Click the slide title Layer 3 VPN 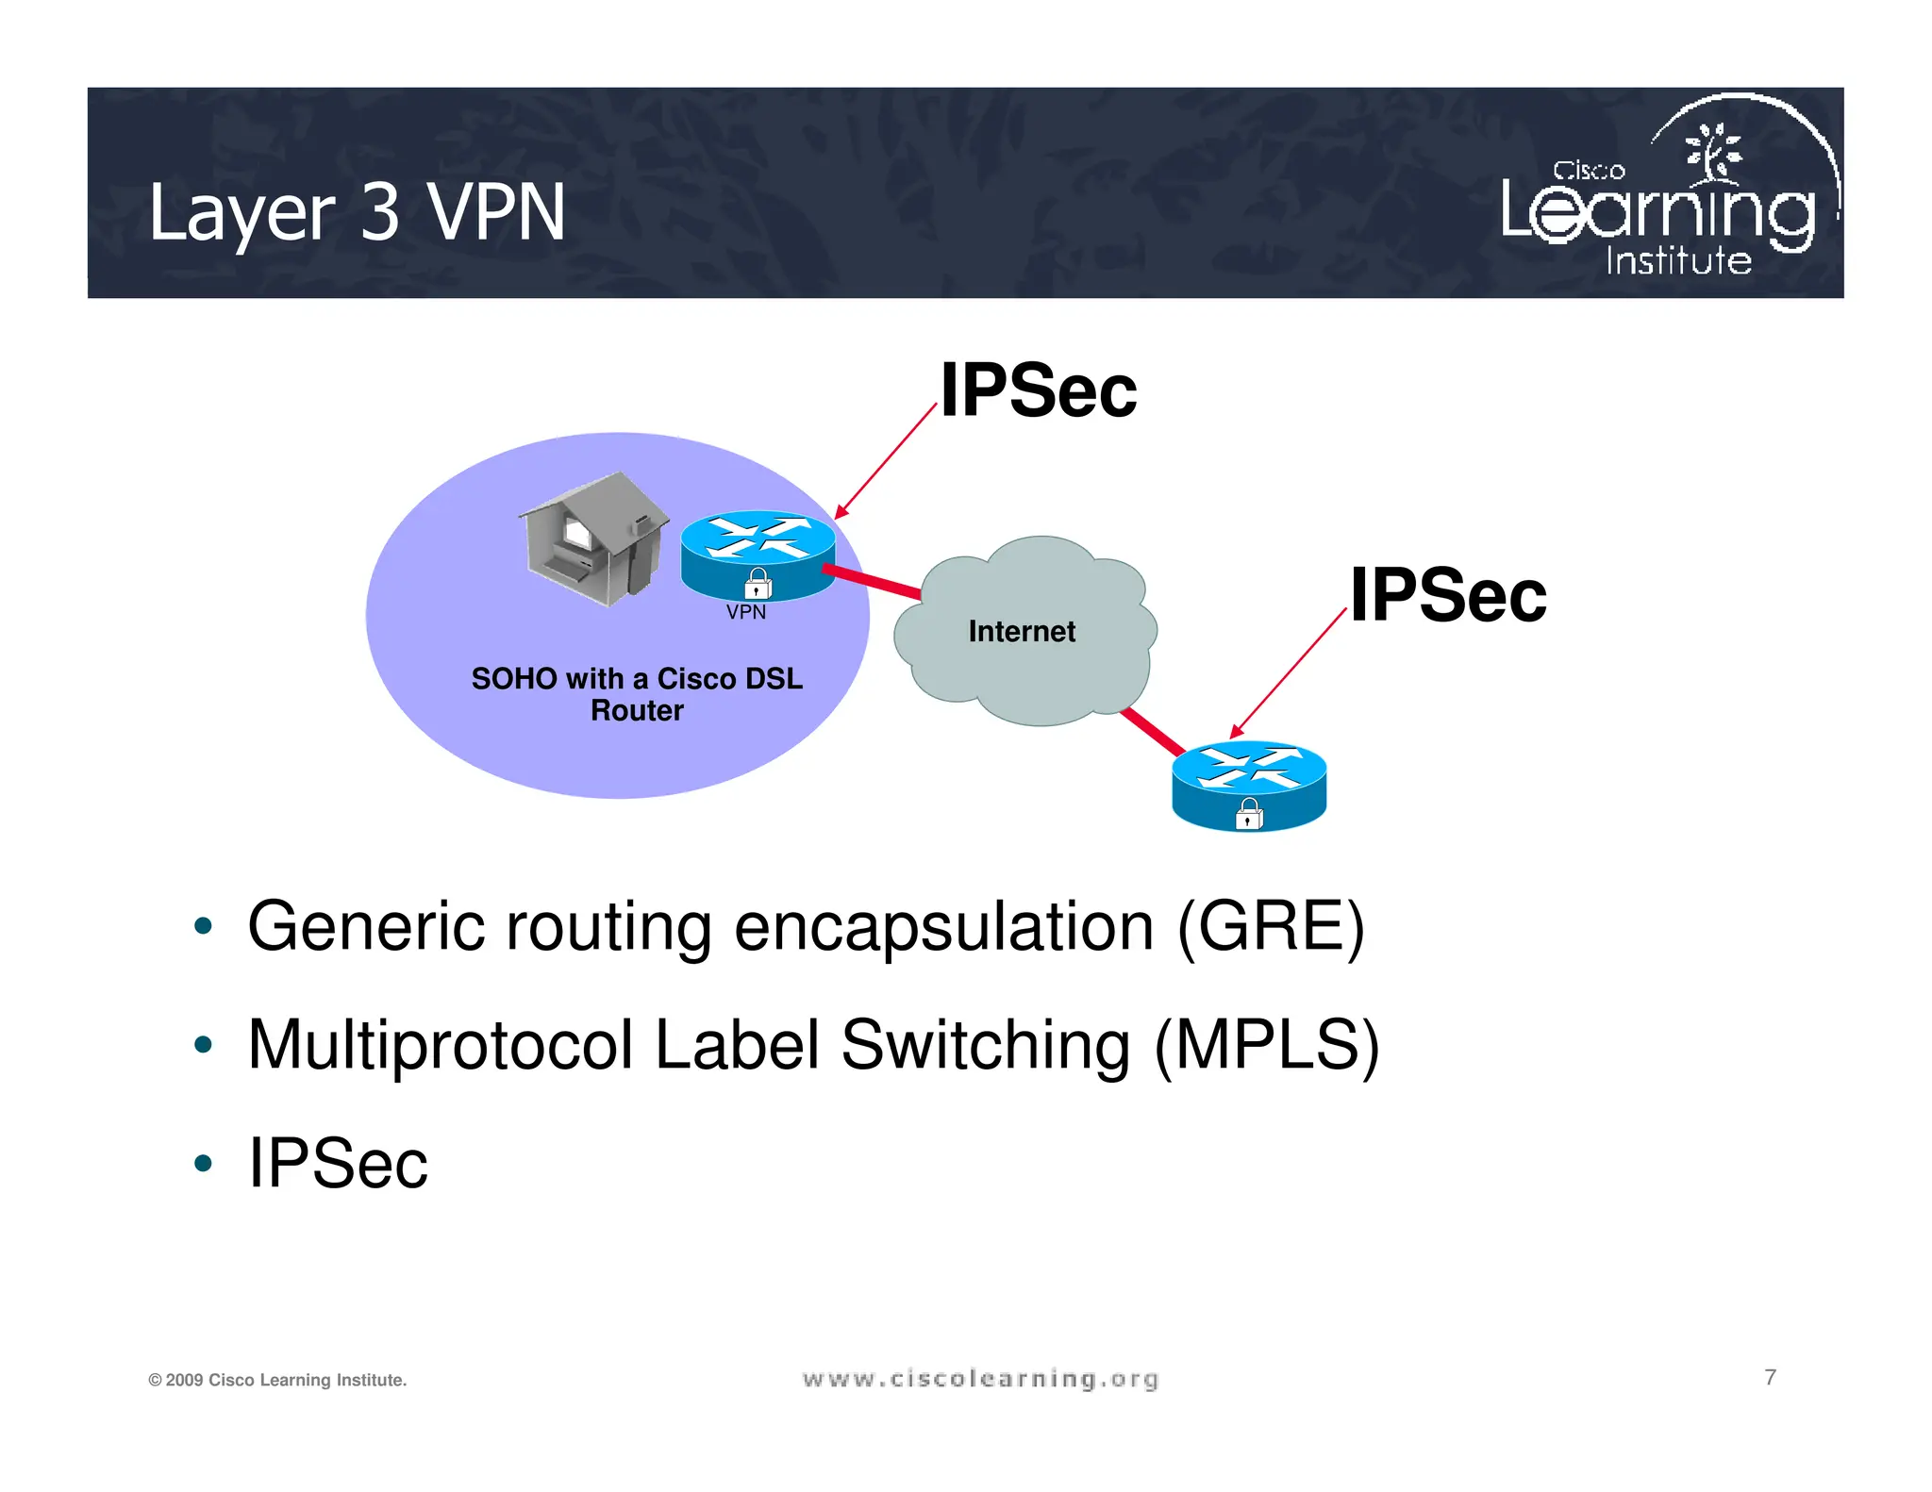(x=357, y=213)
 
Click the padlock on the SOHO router (x=758, y=584)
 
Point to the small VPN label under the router (x=746, y=612)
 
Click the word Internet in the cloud (x=1022, y=631)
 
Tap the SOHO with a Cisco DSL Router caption (x=637, y=693)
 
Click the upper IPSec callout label (x=1039, y=390)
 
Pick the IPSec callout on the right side (x=1448, y=595)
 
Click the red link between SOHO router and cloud (x=873, y=582)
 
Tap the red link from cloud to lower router (x=1153, y=732)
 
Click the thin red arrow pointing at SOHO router (x=886, y=463)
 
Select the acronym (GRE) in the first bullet (x=1270, y=927)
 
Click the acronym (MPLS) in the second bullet (x=1266, y=1045)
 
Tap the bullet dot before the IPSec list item (x=203, y=1163)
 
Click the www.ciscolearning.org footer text (x=980, y=1379)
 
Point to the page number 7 (x=1770, y=1377)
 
